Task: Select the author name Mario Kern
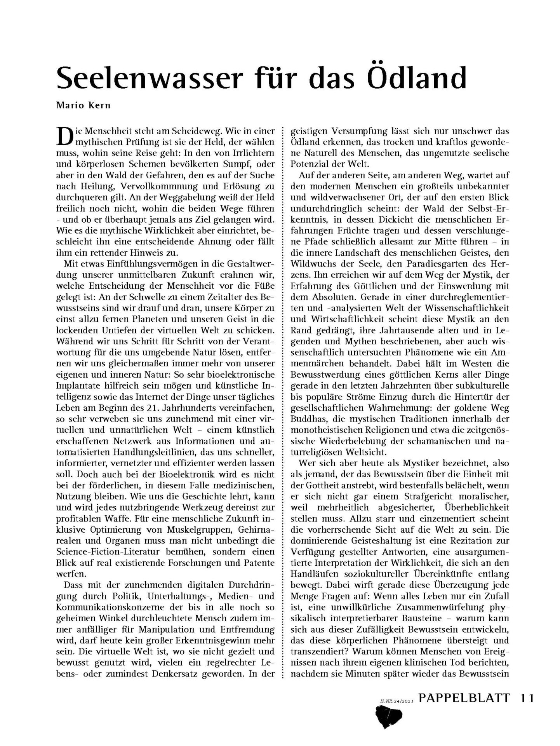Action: pos(83,106)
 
